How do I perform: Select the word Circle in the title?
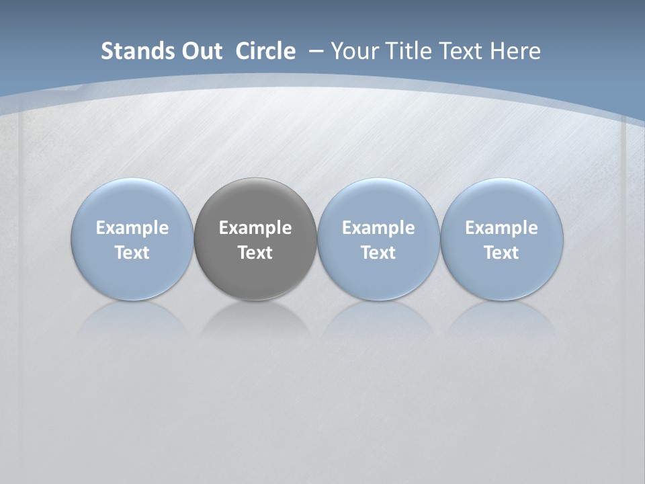pos(265,51)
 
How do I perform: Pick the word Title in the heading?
pos(408,51)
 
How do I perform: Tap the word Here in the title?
pos(515,51)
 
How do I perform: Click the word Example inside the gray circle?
pos(255,228)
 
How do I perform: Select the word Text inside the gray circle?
pos(255,253)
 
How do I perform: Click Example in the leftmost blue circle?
pos(132,228)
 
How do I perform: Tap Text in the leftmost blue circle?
pos(132,253)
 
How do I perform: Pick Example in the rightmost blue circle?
pos(501,228)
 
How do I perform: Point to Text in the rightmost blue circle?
pos(501,253)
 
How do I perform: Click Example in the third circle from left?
pos(378,228)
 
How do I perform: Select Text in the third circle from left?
pos(378,253)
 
